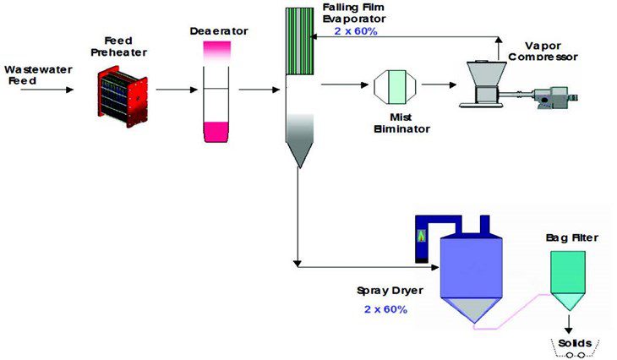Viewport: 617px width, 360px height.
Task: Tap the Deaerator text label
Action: click(x=219, y=31)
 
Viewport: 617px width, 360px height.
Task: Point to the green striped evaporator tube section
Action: click(x=298, y=41)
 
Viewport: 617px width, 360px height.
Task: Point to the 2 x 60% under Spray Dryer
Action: click(x=385, y=309)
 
